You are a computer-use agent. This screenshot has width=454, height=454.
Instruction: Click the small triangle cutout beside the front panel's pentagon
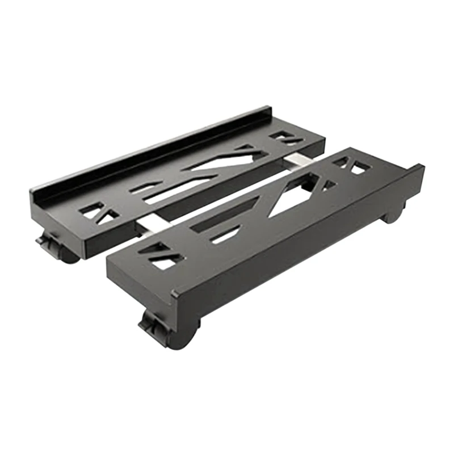point(329,184)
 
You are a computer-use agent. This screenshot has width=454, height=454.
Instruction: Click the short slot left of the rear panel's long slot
point(144,188)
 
